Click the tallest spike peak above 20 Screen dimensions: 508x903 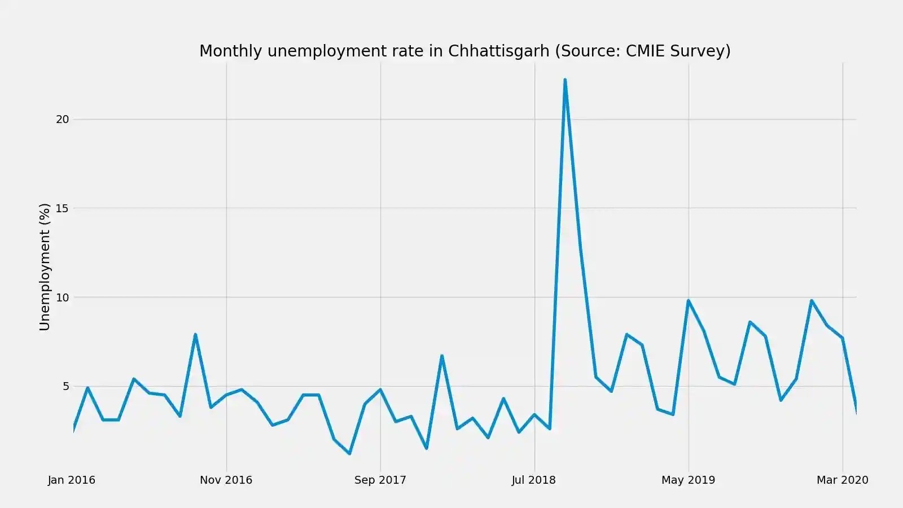(x=565, y=80)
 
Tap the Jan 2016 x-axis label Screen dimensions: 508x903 (x=72, y=480)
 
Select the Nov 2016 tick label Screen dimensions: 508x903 (x=226, y=480)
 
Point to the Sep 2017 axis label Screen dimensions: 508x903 (x=380, y=480)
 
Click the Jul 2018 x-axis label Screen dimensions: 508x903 (x=533, y=480)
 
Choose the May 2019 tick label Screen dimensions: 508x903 (x=688, y=480)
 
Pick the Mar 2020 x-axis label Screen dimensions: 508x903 (x=842, y=480)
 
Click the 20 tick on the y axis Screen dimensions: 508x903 (x=62, y=119)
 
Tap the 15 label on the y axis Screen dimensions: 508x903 (x=62, y=208)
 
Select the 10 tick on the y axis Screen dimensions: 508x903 (x=62, y=297)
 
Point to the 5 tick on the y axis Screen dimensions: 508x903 (x=66, y=387)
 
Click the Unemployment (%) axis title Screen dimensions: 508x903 (x=45, y=266)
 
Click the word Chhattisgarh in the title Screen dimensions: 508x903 (x=498, y=51)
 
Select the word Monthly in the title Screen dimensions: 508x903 (x=231, y=51)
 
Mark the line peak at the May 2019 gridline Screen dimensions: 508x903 (x=689, y=300)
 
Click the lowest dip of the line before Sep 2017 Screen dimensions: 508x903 (x=349, y=453)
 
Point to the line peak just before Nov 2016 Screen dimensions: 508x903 (x=195, y=335)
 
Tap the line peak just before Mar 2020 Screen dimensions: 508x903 (x=812, y=300)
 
